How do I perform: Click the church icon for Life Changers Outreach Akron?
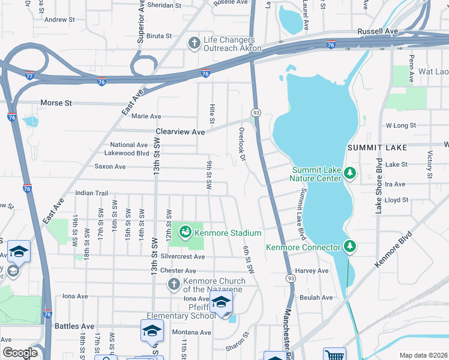[194, 43]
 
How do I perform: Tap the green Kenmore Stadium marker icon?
[185, 232]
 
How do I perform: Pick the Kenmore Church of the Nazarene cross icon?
[173, 284]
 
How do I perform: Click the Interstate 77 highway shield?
[30, 76]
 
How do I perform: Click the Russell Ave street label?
[378, 31]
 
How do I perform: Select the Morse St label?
[56, 103]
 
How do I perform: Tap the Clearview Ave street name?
[180, 131]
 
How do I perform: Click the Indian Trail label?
[91, 193]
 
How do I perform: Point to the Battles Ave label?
[74, 326]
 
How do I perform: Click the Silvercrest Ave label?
[182, 256]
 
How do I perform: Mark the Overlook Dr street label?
[242, 144]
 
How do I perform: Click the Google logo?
[20, 353]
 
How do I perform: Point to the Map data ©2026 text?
[423, 355]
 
